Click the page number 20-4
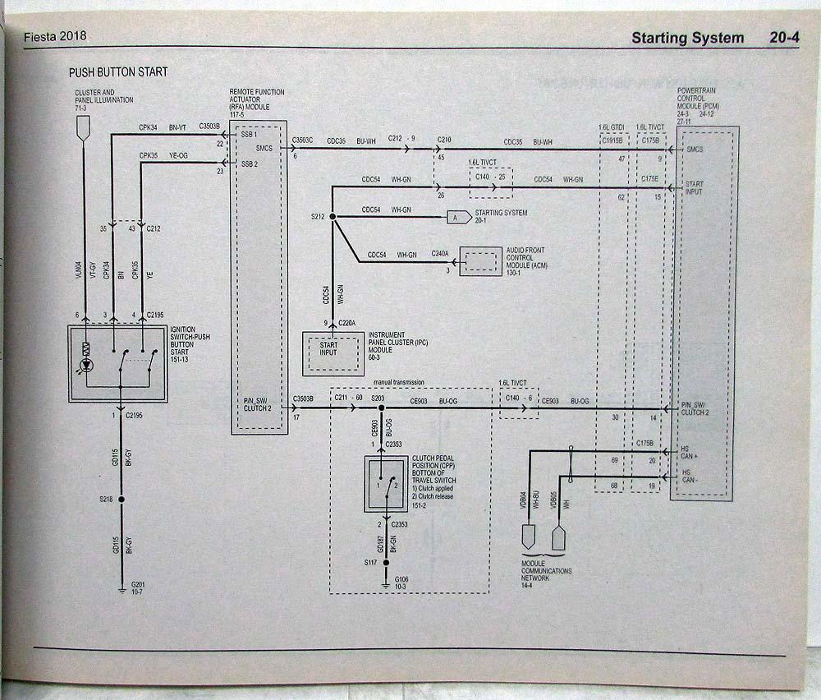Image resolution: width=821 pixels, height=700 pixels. point(783,37)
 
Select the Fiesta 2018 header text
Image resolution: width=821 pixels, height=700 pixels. point(57,37)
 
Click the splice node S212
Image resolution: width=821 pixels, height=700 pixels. point(332,217)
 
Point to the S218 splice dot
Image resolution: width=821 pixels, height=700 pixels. point(122,499)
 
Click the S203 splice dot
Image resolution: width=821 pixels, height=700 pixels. point(378,408)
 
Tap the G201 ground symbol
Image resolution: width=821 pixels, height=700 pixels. point(122,587)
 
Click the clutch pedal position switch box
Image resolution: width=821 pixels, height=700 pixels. point(385,483)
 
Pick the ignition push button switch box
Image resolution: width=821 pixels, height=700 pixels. point(117,363)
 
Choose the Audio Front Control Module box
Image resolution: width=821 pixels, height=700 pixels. point(480,261)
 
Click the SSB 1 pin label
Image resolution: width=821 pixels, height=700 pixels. point(250,133)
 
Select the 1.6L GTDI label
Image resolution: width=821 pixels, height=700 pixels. point(612,127)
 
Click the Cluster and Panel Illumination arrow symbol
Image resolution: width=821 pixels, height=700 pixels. point(83,127)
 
